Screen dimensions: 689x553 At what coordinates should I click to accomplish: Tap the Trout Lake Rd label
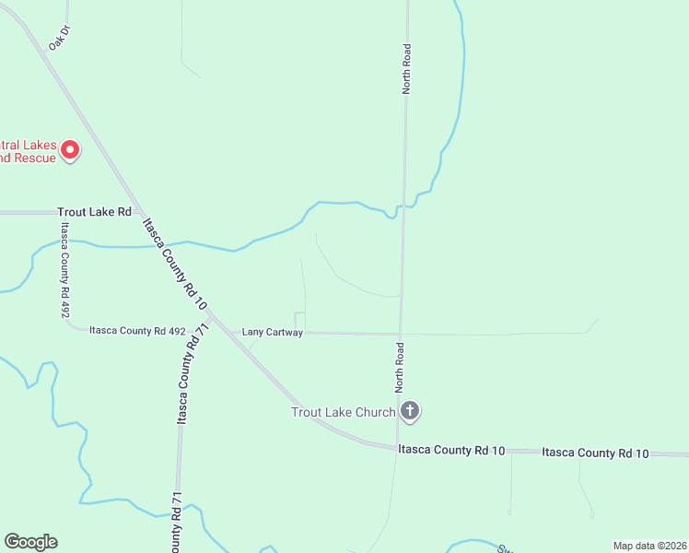tap(95, 212)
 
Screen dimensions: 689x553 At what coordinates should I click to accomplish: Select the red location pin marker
tap(70, 149)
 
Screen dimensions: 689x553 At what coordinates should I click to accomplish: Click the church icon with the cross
tap(410, 411)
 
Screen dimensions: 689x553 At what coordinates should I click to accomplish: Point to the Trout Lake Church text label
tap(343, 412)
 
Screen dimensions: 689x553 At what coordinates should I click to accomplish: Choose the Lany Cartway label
tap(272, 332)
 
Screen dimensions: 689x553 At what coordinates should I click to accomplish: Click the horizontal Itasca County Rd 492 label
tap(137, 330)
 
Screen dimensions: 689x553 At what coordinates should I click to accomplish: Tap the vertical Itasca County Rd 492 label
tap(65, 270)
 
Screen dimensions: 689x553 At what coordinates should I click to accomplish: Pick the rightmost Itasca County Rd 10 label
tap(595, 453)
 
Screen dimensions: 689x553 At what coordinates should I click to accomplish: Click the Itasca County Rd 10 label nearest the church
tap(451, 450)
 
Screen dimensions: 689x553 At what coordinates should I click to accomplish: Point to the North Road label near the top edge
tap(406, 68)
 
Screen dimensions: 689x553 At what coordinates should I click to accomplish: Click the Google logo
tap(30, 542)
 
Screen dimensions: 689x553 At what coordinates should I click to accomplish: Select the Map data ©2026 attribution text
tap(649, 546)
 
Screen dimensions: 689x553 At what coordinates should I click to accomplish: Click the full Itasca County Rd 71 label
tap(185, 377)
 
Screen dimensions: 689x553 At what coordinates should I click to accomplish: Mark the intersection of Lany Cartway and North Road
tap(401, 334)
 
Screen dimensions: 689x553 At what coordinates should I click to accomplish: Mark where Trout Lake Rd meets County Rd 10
tap(138, 212)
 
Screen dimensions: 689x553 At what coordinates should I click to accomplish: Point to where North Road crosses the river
tap(403, 207)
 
